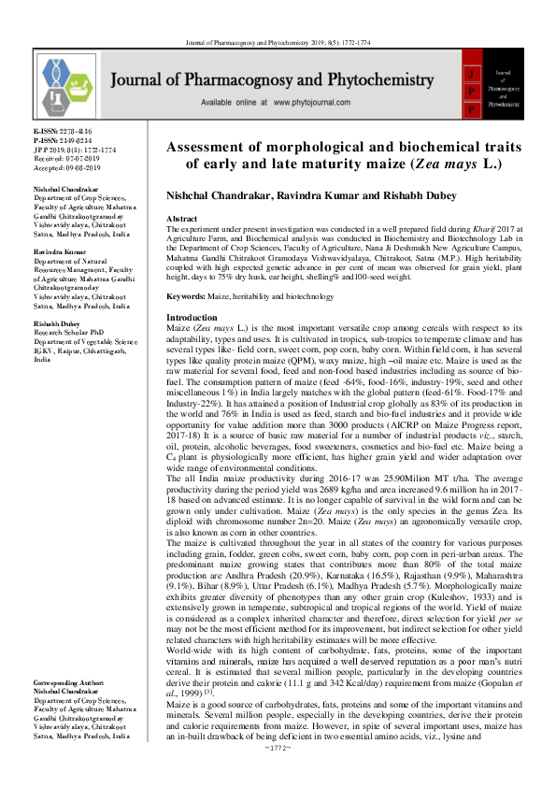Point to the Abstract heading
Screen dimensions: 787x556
(x=181, y=216)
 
